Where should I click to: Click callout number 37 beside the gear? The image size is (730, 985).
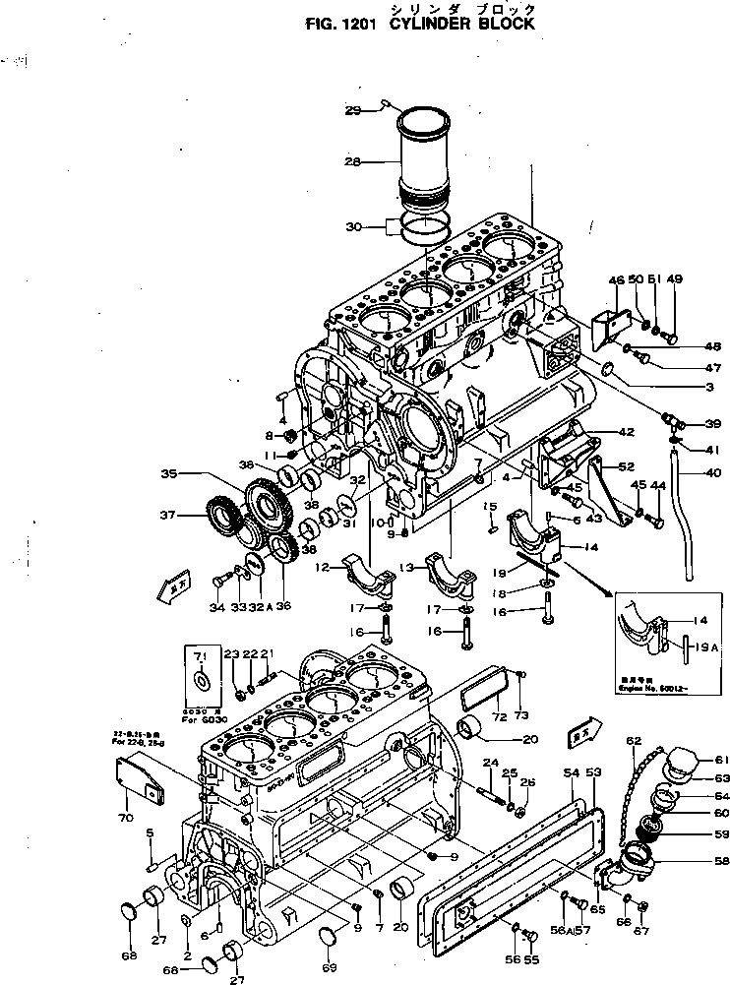pos(169,514)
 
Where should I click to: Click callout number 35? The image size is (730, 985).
pos(169,474)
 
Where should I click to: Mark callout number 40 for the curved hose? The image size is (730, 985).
pos(711,470)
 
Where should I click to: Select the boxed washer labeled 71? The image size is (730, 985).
pos(201,680)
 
